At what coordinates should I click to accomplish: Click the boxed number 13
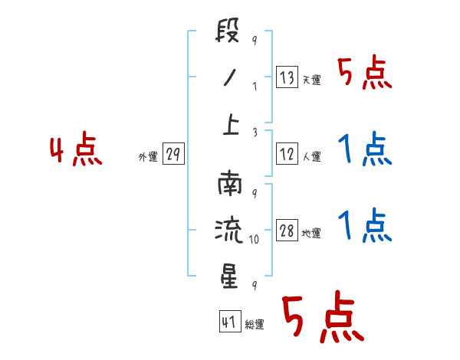pyautogui.click(x=287, y=78)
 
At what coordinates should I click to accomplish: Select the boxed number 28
pyautogui.click(x=287, y=232)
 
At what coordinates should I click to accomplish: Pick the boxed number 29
pyautogui.click(x=172, y=155)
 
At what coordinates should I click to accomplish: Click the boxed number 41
pyautogui.click(x=229, y=322)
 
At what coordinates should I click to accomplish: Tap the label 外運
pyautogui.click(x=147, y=158)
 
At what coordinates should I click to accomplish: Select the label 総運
pyautogui.click(x=255, y=325)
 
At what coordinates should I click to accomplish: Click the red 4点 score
pyautogui.click(x=76, y=151)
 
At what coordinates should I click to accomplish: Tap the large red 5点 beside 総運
pyautogui.click(x=322, y=318)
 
